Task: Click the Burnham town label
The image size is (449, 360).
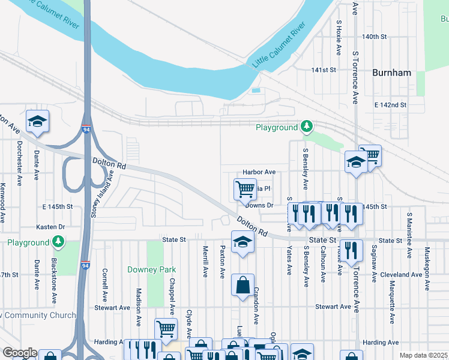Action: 391,73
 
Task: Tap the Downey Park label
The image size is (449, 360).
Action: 152,270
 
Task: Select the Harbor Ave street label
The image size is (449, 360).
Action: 259,172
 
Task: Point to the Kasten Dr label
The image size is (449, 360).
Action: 50,227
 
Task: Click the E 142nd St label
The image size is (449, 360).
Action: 390,105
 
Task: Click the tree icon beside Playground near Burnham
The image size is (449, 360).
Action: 307,127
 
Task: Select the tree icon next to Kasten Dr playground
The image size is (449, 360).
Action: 58,242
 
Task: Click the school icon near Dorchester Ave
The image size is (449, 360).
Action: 37,121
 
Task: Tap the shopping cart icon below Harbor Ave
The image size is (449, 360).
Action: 244,189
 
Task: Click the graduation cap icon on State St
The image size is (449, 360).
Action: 243,242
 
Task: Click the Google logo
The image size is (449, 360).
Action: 20,353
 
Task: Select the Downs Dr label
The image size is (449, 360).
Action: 259,205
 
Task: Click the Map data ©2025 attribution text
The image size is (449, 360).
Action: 423,355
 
